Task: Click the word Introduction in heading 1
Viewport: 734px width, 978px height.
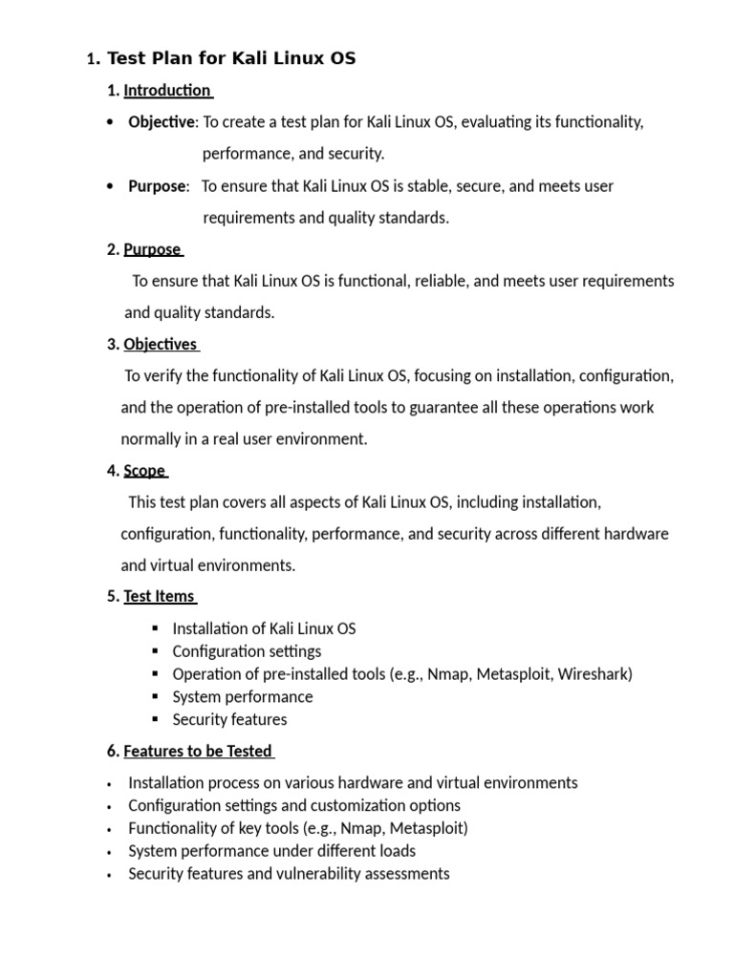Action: pos(167,91)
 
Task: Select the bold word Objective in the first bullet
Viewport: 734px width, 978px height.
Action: pos(162,122)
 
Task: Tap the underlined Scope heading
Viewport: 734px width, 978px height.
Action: pos(144,470)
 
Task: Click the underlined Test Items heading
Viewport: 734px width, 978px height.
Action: pos(159,596)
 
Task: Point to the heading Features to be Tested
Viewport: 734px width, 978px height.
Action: pos(198,751)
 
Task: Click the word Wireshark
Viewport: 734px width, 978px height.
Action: pos(594,674)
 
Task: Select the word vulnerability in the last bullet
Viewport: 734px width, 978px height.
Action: pos(298,874)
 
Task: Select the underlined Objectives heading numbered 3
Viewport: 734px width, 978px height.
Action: pos(160,344)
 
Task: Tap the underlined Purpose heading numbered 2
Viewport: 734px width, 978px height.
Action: pos(152,249)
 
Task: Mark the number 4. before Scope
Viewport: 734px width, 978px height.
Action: pos(113,470)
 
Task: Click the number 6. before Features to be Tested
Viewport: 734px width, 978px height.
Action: pos(113,751)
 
